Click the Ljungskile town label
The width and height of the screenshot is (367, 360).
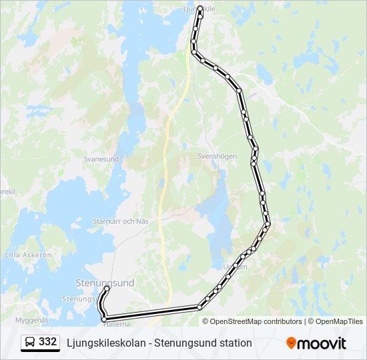click(199, 9)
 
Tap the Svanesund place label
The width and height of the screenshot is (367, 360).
click(101, 159)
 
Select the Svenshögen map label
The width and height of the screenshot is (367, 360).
click(217, 156)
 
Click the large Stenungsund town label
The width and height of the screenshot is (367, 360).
click(105, 283)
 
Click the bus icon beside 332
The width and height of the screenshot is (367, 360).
click(30, 343)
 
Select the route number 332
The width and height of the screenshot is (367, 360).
click(48, 342)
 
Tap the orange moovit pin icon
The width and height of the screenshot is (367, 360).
click(291, 343)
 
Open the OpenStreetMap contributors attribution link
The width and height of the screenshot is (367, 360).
click(256, 321)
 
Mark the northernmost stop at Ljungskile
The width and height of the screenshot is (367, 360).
click(200, 9)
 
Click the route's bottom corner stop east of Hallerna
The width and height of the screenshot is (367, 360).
click(200, 307)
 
